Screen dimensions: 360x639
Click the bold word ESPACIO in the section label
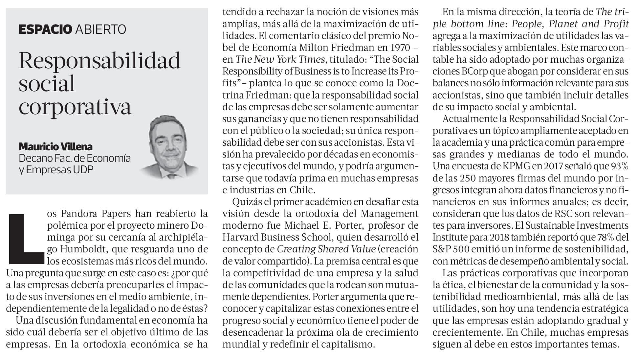pyautogui.click(x=45, y=29)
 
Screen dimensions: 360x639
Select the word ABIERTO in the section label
pyautogui.click(x=100, y=29)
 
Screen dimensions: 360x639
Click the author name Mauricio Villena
pyautogui.click(x=55, y=146)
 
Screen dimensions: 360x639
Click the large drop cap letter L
pyautogui.click(x=26, y=239)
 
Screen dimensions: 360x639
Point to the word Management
pyautogui.click(x=389, y=214)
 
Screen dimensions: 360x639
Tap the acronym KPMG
pyautogui.click(x=516, y=166)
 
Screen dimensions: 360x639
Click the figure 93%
pyautogui.click(x=620, y=166)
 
